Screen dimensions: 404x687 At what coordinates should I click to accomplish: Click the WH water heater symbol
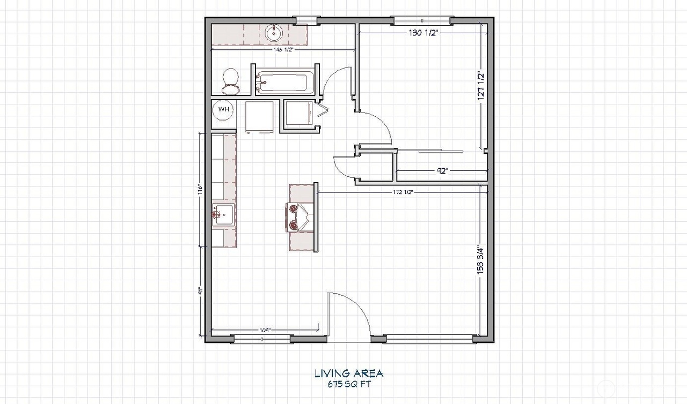pos(223,110)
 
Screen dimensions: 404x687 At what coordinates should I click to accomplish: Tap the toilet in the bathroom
pos(231,79)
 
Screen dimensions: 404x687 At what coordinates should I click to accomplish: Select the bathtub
pos(282,83)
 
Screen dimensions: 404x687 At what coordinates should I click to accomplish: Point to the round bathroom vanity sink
pos(274,33)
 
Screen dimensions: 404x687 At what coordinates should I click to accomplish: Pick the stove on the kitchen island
pos(299,216)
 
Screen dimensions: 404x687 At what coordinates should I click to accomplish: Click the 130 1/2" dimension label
pos(423,33)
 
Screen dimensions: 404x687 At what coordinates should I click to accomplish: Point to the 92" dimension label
pos(442,171)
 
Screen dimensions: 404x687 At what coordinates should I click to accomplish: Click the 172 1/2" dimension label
pos(401,191)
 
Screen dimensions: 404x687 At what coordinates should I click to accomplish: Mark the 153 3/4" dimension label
pos(481,261)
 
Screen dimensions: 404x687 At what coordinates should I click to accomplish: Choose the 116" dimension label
pos(199,190)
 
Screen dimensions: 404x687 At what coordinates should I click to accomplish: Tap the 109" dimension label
pos(265,330)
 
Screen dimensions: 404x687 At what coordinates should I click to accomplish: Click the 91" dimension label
pos(199,292)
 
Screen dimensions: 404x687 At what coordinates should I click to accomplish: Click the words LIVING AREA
pos(349,373)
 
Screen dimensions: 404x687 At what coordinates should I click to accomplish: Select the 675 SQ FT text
pos(349,384)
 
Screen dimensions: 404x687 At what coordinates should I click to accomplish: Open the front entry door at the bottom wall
pos(349,316)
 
